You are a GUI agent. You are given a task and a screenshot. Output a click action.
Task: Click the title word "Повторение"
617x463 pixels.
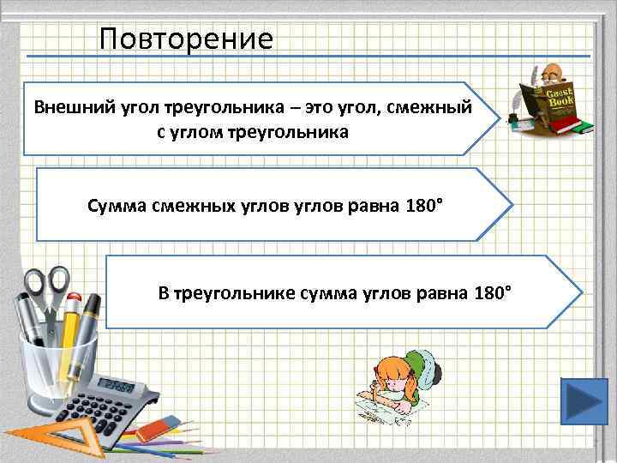(186, 39)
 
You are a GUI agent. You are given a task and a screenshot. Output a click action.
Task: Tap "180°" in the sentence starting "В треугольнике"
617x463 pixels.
(491, 293)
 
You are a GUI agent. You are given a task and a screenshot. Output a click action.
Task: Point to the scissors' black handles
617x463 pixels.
(47, 287)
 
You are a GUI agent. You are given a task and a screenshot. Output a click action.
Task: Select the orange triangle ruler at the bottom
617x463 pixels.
(34, 437)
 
